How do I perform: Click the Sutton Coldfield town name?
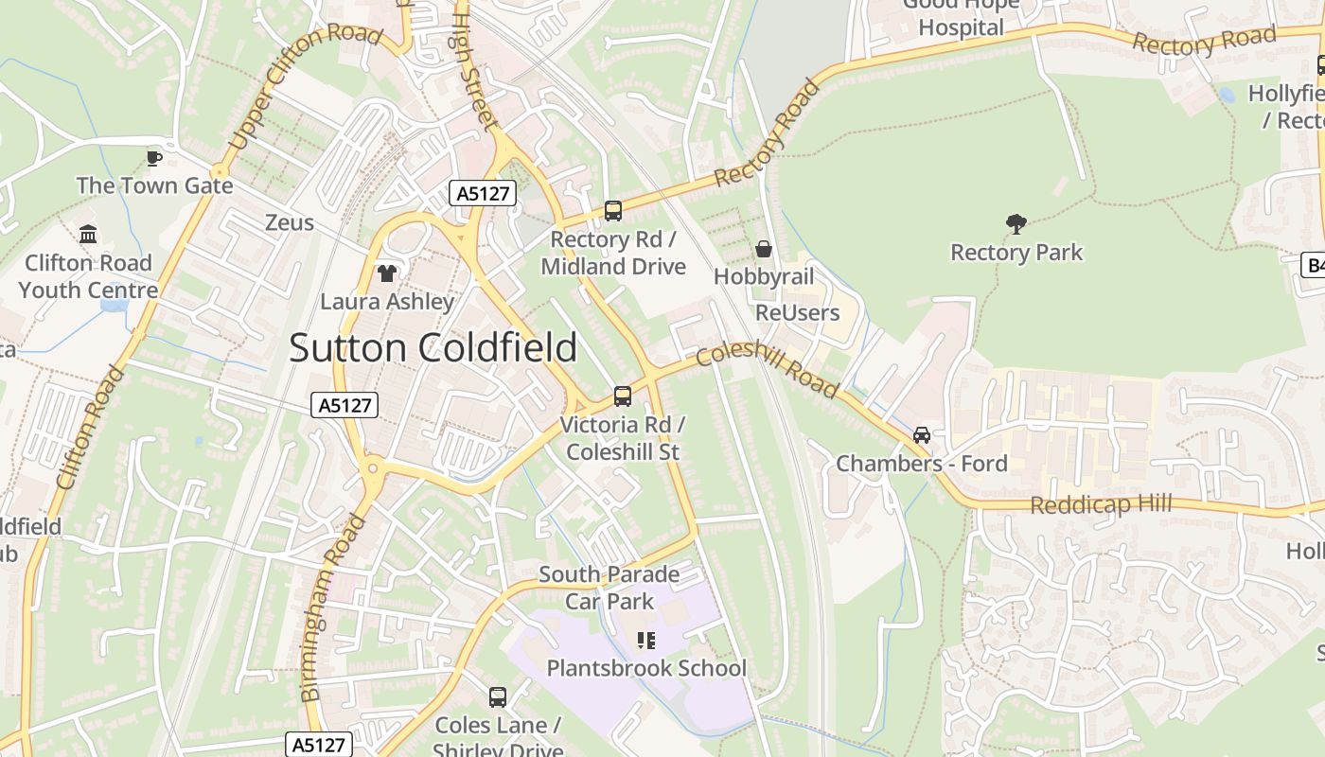pos(433,347)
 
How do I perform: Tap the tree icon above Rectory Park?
pos(1016,224)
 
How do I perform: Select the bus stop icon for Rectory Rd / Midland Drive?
pos(613,211)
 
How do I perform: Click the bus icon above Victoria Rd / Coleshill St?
pos(623,396)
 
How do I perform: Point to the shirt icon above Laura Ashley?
pos(386,273)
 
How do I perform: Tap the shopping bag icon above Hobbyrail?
pos(764,249)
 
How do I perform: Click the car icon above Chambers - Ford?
pos(921,435)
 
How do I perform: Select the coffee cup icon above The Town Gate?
pos(154,157)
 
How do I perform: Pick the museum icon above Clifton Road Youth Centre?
pos(88,234)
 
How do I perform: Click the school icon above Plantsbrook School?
pos(646,641)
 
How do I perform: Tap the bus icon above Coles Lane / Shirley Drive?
pos(498,697)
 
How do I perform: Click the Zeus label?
pos(290,222)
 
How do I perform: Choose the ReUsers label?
pos(797,312)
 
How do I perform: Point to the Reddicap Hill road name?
pos(1101,504)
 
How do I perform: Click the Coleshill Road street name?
pos(768,369)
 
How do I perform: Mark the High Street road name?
pos(474,66)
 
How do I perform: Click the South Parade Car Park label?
pos(609,588)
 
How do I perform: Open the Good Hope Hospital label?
pos(961,17)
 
